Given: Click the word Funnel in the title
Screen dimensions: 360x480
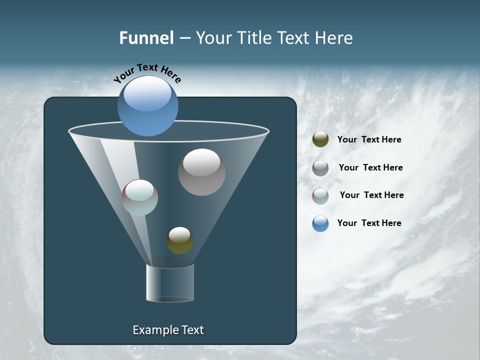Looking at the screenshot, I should pyautogui.click(x=146, y=38).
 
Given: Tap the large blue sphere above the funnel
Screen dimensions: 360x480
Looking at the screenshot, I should pyautogui.click(x=148, y=106).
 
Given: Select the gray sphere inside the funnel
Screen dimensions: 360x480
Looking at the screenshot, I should pyautogui.click(x=201, y=172).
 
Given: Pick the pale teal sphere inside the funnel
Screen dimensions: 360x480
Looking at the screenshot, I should pyautogui.click(x=140, y=197).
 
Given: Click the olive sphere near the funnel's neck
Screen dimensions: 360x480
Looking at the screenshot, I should pyautogui.click(x=179, y=240).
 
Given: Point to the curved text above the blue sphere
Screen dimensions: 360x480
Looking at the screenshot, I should pyautogui.click(x=147, y=73).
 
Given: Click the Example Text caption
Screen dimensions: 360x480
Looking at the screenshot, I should pyautogui.click(x=168, y=330).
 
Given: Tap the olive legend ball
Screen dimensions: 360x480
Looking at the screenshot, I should pyautogui.click(x=320, y=139).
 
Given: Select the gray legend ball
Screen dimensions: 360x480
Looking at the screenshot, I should pyautogui.click(x=320, y=168).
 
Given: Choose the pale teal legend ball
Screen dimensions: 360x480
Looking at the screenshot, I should pyautogui.click(x=320, y=196).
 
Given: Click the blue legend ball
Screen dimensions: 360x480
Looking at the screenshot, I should pyautogui.click(x=320, y=223).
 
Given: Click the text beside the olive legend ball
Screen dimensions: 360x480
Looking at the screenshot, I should pyautogui.click(x=369, y=140).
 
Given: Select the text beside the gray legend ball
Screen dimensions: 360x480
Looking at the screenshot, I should pyautogui.click(x=370, y=168).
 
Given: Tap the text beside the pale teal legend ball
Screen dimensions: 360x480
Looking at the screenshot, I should pyautogui.click(x=371, y=195).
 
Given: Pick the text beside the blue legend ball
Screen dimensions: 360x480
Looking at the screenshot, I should pyautogui.click(x=369, y=223).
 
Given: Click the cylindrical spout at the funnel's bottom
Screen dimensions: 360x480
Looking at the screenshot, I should pyautogui.click(x=170, y=283).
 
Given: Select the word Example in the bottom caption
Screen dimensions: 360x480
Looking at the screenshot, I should pyautogui.click(x=152, y=330).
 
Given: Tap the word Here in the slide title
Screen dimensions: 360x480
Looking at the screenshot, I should pyautogui.click(x=334, y=38).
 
